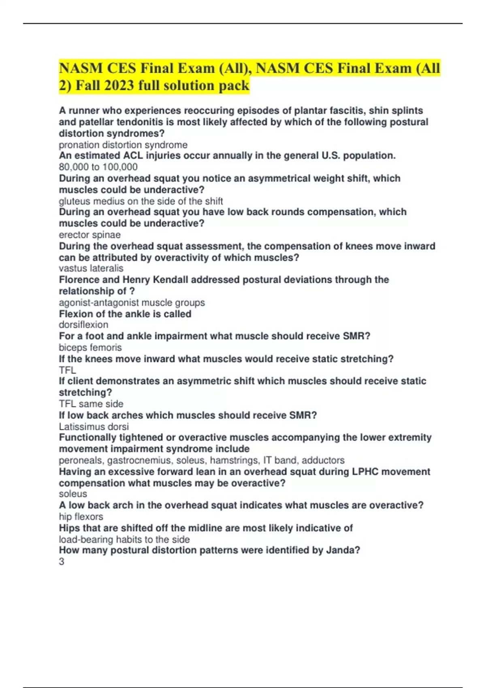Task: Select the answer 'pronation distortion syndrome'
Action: tap(123, 145)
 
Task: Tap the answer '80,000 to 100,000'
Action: tap(98, 167)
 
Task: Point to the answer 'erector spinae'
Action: tap(90, 235)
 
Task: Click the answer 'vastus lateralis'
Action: tap(91, 268)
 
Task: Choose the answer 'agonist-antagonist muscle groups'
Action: tap(132, 303)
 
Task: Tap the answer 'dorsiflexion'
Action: tap(83, 325)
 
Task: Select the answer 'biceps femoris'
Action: tap(90, 348)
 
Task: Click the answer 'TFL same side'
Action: tap(91, 404)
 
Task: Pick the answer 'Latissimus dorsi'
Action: tap(94, 427)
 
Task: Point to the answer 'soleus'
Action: tap(73, 494)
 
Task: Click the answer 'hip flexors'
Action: tap(81, 517)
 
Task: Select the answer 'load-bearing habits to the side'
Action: tap(124, 539)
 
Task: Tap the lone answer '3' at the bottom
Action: tap(62, 562)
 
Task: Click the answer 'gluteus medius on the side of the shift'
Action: tap(141, 201)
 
